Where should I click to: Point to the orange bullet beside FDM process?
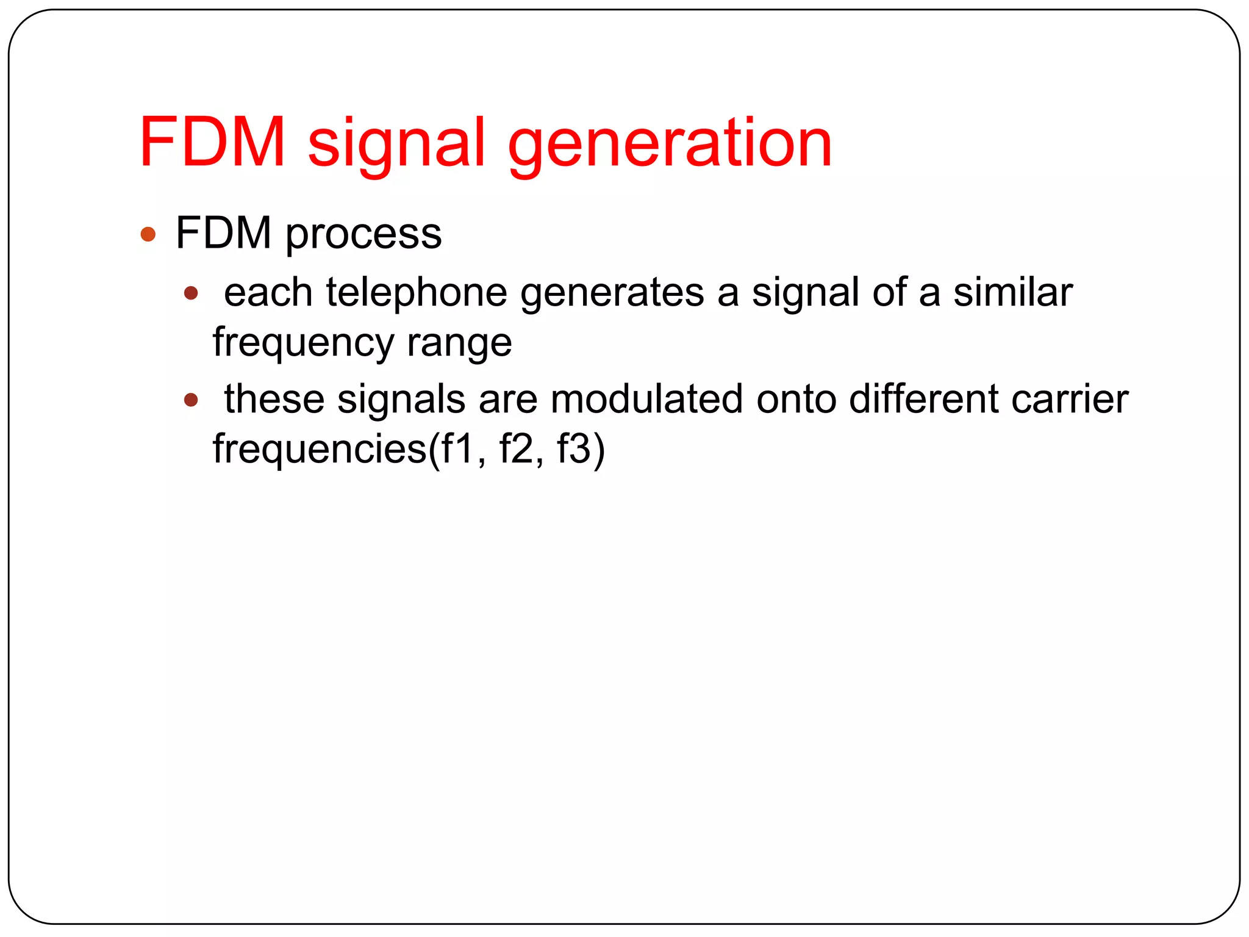[x=148, y=234]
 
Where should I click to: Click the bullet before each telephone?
[x=191, y=293]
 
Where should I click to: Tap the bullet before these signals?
[x=191, y=400]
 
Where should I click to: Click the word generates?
[x=612, y=293]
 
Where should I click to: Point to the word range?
[x=459, y=343]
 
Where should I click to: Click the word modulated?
[x=646, y=400]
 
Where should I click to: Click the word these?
[x=274, y=400]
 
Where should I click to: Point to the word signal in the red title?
[x=396, y=144]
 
